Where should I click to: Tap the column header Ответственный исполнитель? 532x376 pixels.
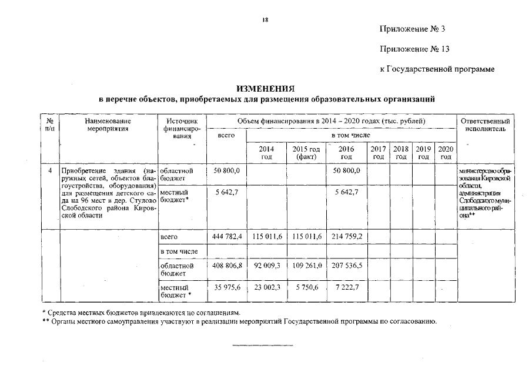pyautogui.click(x=485, y=125)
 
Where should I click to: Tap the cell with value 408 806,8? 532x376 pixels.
pyautogui.click(x=226, y=266)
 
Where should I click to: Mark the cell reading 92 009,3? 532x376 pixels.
pyautogui.click(x=266, y=266)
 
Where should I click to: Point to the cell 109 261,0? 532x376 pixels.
pyautogui.click(x=306, y=266)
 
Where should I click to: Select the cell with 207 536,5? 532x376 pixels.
pyautogui.click(x=346, y=266)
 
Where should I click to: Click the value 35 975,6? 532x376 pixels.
pyautogui.click(x=226, y=287)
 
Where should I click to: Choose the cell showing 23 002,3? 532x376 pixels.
pyautogui.click(x=266, y=287)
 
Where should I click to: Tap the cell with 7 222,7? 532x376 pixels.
pyautogui.click(x=346, y=287)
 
